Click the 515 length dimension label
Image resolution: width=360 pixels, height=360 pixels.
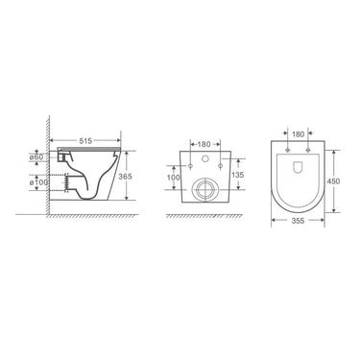[85, 140]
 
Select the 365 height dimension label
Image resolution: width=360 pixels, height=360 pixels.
[125, 176]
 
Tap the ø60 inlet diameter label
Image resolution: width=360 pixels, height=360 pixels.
[36, 157]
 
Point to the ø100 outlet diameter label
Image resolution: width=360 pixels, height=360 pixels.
[38, 182]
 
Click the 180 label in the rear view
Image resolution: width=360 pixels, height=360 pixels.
[204, 144]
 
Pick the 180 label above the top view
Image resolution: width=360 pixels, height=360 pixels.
[298, 134]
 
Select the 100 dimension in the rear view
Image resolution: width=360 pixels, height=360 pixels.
[174, 178]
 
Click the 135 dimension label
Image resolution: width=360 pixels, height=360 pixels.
[237, 175]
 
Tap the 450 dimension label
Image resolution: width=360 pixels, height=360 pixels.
[333, 181]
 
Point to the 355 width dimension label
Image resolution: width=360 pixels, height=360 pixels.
[298, 221]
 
